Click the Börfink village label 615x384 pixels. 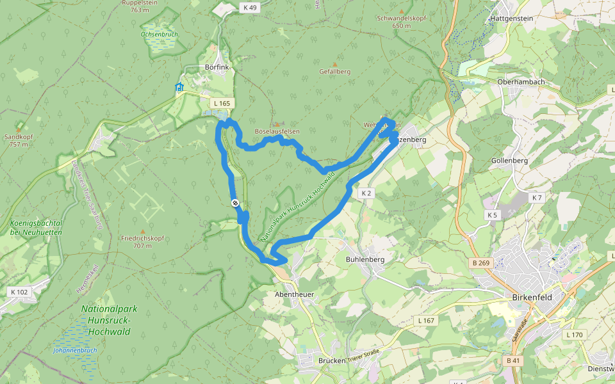[x=217, y=67]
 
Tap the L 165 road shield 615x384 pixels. [x=222, y=103]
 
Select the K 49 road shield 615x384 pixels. [x=250, y=8]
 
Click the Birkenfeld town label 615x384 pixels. [x=532, y=298]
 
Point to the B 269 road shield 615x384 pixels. [x=481, y=262]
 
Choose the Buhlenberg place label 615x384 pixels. [x=365, y=260]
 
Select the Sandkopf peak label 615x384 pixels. [x=19, y=136]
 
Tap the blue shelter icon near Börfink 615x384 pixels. [x=179, y=87]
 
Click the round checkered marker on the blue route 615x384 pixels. [x=236, y=203]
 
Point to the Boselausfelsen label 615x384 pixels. [x=277, y=131]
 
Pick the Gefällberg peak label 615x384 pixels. [x=335, y=71]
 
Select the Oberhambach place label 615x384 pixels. [x=521, y=83]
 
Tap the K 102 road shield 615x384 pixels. [x=20, y=292]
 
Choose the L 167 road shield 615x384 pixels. [x=426, y=320]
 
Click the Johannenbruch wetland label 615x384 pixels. [x=75, y=350]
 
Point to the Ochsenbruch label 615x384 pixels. [x=160, y=34]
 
